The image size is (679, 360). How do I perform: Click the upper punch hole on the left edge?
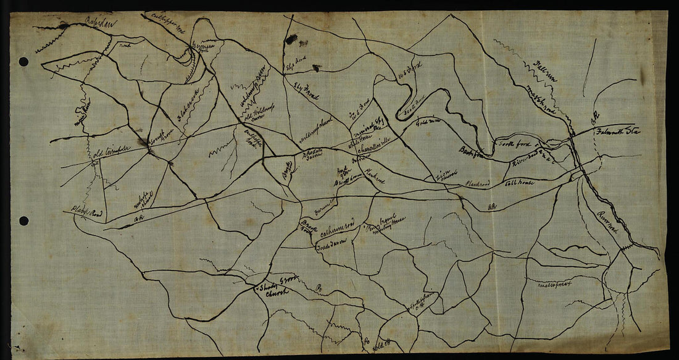pyautogui.click(x=23, y=62)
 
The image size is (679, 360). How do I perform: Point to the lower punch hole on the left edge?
pyautogui.click(x=23, y=220)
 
